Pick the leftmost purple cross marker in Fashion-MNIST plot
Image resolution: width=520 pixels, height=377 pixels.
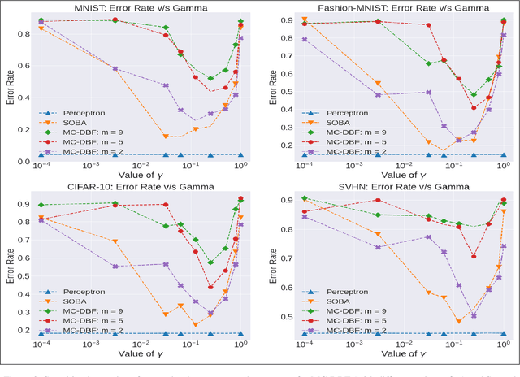coord(304,39)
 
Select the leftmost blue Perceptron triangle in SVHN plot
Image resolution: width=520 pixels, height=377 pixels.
coord(304,333)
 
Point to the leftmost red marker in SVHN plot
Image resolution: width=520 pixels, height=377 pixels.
coord(304,212)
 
